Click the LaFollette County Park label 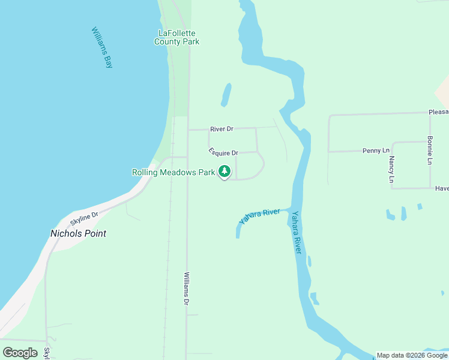[x=176, y=37]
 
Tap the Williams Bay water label [x=102, y=47]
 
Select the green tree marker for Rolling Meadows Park [x=224, y=172]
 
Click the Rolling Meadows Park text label [x=173, y=172]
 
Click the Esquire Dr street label [x=223, y=153]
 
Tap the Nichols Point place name [x=78, y=233]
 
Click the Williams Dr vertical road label [x=187, y=288]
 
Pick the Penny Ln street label [x=376, y=151]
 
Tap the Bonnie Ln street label [x=430, y=150]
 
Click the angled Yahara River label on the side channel [x=260, y=217]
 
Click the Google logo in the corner [x=20, y=353]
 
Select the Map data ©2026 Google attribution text [x=412, y=355]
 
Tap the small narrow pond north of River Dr [x=226, y=95]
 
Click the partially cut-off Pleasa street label [x=438, y=112]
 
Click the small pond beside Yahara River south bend [x=314, y=298]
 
